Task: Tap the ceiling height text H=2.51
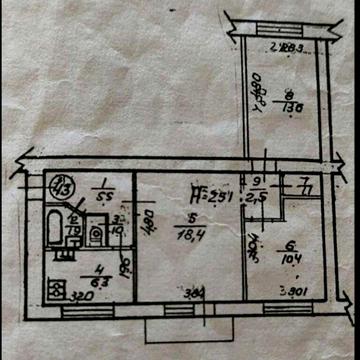(x=212, y=195)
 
